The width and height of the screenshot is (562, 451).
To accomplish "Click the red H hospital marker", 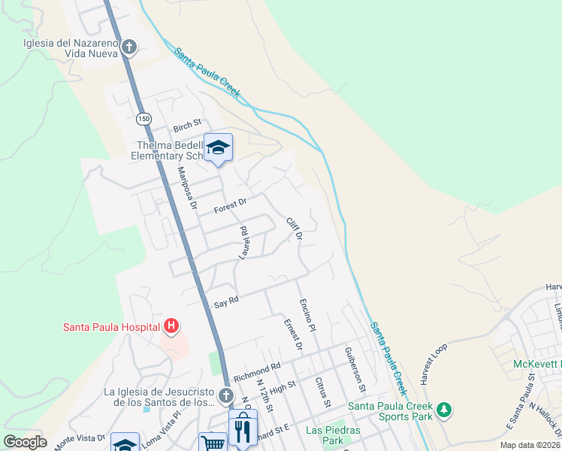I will (x=171, y=326).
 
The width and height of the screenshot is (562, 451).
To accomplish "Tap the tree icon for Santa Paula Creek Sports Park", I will (x=445, y=410).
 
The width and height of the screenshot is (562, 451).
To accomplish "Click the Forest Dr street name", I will (x=230, y=204).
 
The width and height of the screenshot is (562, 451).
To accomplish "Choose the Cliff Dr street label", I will (x=294, y=229).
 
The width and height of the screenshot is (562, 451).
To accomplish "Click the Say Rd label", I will (x=226, y=301).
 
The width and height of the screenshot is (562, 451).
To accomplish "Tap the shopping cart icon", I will (x=213, y=443).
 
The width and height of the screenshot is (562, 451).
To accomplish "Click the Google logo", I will (x=25, y=442).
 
